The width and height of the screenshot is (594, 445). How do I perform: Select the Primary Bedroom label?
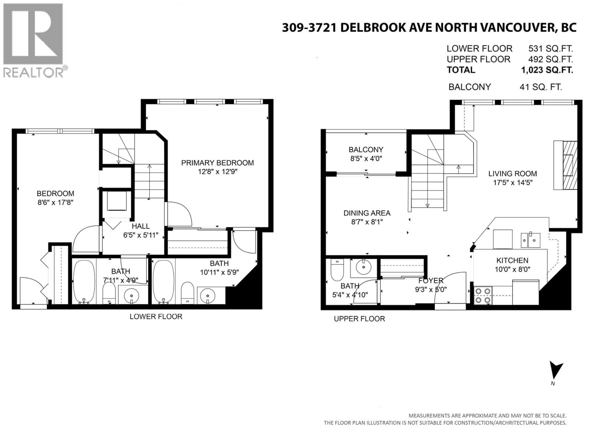217,163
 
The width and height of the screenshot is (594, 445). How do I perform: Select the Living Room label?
512,174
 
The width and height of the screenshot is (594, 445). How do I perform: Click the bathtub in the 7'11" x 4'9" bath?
84,282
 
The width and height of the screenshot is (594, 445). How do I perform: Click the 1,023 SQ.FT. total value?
547,70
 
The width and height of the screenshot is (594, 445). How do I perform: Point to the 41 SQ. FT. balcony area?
541,87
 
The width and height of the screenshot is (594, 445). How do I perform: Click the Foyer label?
431,281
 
